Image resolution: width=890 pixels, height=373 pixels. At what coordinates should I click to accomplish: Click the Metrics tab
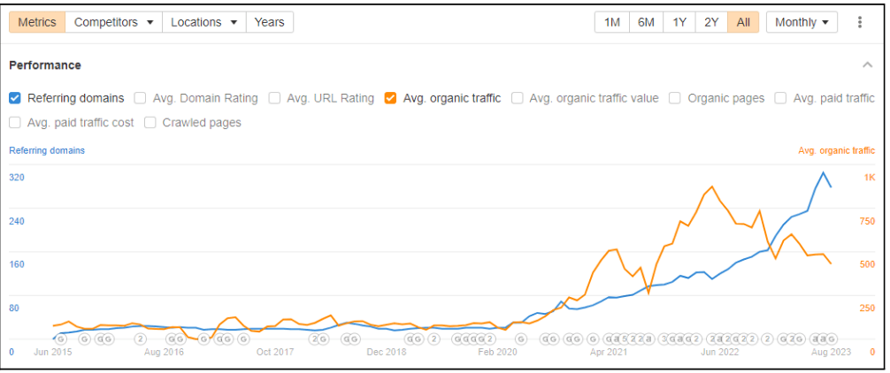(x=37, y=22)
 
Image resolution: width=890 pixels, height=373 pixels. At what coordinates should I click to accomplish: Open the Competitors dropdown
(x=113, y=22)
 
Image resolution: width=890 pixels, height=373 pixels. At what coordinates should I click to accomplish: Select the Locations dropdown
(x=203, y=22)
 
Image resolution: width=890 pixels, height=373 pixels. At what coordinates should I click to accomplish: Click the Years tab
(x=269, y=22)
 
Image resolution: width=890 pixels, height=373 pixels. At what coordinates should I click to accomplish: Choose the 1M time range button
(x=612, y=22)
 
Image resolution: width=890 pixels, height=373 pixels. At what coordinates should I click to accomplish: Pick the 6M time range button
(x=646, y=22)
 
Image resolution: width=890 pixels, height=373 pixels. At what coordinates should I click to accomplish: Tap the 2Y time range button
(x=711, y=22)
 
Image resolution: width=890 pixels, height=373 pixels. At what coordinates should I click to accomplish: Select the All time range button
(x=743, y=22)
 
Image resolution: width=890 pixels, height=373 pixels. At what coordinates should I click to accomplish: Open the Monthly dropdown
(x=802, y=22)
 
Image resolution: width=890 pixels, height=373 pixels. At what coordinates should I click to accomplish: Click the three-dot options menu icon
(x=859, y=22)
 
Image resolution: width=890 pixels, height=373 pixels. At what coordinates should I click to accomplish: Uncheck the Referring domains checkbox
(x=15, y=98)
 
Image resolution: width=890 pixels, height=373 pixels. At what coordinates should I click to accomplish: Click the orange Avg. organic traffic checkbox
(x=390, y=98)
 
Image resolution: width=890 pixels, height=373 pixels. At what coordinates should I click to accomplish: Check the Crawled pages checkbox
(x=150, y=123)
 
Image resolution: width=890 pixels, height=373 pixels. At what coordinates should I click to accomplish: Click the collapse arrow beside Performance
(x=867, y=65)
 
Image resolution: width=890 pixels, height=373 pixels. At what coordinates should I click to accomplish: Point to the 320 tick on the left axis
(x=17, y=178)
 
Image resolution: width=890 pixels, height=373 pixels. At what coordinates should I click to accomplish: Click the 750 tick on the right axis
(x=868, y=221)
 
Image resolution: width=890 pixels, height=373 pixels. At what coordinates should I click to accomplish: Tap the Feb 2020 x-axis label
(x=496, y=352)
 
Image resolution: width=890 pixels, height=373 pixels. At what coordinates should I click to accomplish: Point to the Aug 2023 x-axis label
(x=832, y=352)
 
